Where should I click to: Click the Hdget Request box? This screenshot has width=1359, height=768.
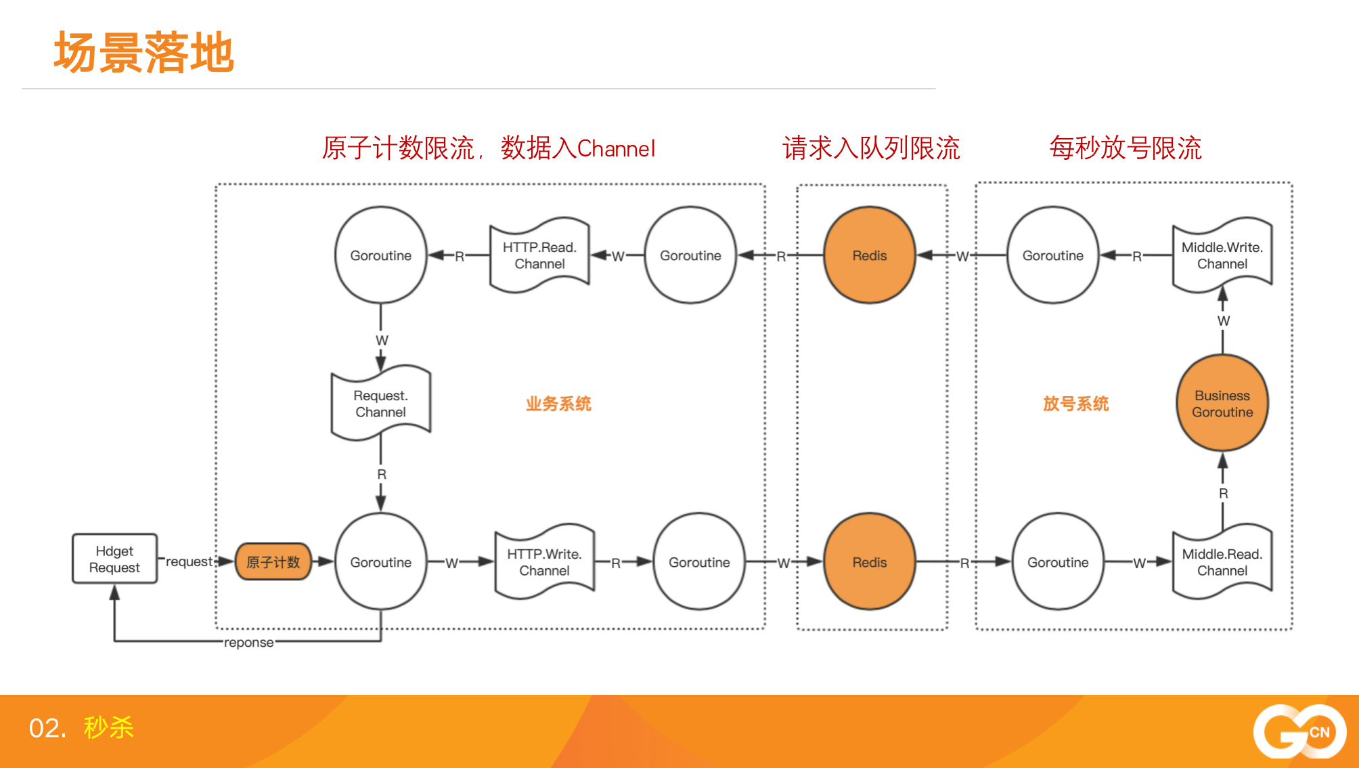coord(114,559)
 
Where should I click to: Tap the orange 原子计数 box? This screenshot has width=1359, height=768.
coord(273,561)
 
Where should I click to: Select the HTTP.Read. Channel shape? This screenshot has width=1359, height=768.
coord(539,255)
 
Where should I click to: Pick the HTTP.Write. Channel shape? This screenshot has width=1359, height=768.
coord(544,561)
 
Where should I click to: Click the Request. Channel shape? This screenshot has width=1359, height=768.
coord(381,403)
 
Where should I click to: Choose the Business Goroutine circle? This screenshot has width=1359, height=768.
coord(1222,403)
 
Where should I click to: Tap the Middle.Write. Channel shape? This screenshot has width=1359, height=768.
coord(1222,255)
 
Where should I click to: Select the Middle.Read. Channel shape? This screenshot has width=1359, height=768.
coord(1222,561)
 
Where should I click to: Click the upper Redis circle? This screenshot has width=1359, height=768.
coord(870,255)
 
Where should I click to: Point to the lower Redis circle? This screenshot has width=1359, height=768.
coord(870,561)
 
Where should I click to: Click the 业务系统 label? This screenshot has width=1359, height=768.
coord(558,404)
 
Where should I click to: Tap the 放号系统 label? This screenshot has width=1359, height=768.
coord(1075,404)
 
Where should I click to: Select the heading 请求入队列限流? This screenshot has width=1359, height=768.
coord(871,148)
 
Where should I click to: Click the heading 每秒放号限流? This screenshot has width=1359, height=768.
coord(1126,148)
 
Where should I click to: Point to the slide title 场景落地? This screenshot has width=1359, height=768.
coord(144,52)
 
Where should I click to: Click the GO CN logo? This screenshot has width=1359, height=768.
coord(1299,731)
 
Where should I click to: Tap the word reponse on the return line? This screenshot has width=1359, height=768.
coord(249,642)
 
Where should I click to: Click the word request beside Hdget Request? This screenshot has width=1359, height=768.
coord(189,561)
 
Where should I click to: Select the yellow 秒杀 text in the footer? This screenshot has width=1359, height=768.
coord(109,727)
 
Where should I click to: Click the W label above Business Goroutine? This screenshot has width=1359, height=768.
coord(1224,321)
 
